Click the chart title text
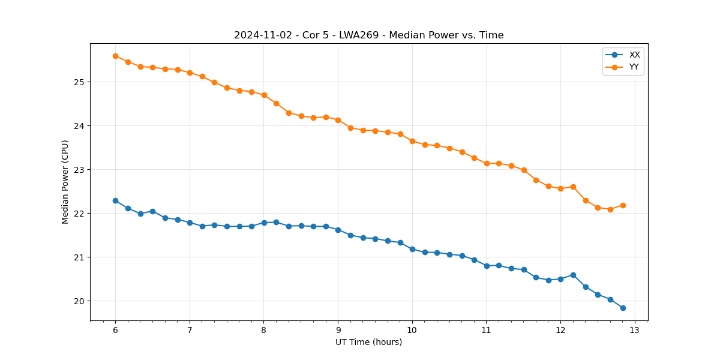pos(368,35)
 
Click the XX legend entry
pos(634,55)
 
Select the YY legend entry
pos(634,67)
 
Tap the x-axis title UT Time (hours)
pos(368,342)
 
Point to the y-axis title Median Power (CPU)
pos(65,182)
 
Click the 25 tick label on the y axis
pos(79,82)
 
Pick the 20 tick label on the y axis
pos(79,301)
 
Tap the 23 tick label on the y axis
pos(79,170)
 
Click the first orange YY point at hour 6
pos(115,56)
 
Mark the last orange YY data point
pos(623,205)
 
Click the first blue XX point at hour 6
pos(115,200)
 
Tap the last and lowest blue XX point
pos(623,308)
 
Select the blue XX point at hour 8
pos(264,223)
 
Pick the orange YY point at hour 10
pos(412,141)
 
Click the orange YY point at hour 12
pos(560,188)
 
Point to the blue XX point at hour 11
pos(487,265)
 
